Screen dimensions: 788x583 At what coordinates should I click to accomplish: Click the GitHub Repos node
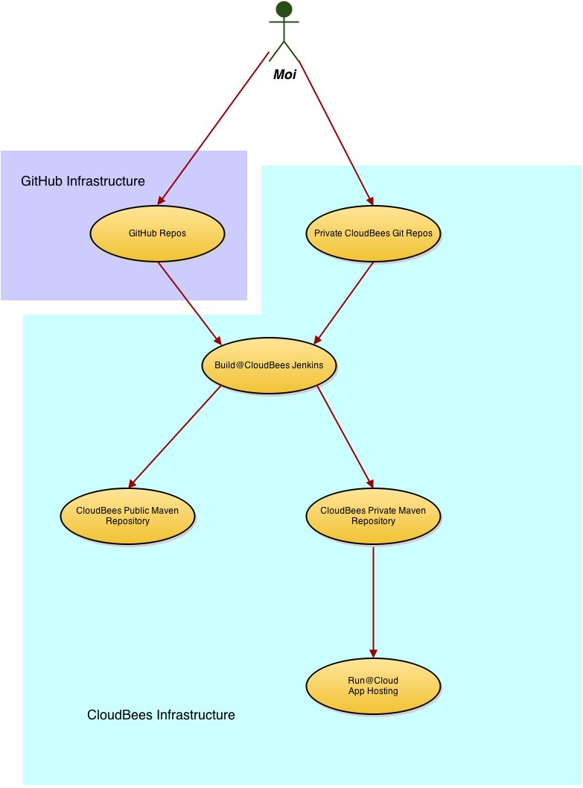point(157,233)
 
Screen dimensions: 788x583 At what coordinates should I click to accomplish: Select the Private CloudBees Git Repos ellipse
point(373,233)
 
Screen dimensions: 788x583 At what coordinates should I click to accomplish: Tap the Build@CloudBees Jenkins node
point(269,365)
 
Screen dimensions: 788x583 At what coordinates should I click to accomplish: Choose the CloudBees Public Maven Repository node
point(127,516)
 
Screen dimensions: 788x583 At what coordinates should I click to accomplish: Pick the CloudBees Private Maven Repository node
point(373,516)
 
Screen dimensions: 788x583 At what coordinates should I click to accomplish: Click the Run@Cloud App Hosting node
point(373,686)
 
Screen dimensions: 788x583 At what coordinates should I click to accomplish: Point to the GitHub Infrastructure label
point(83,181)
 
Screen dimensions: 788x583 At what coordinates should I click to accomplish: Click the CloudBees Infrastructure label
point(161,716)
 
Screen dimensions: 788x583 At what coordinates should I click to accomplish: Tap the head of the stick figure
point(284,10)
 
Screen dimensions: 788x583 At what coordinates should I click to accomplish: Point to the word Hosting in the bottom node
point(382,691)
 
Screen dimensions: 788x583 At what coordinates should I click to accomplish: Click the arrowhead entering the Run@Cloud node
point(373,653)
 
